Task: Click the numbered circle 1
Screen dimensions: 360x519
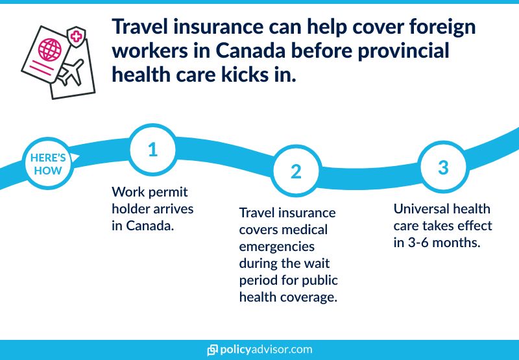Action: click(152, 150)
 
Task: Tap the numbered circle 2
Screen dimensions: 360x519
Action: click(296, 171)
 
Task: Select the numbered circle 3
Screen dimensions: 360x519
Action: click(443, 167)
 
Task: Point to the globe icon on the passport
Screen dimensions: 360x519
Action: click(51, 49)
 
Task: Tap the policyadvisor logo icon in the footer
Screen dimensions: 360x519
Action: click(212, 350)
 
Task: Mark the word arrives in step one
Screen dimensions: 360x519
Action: click(175, 210)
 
